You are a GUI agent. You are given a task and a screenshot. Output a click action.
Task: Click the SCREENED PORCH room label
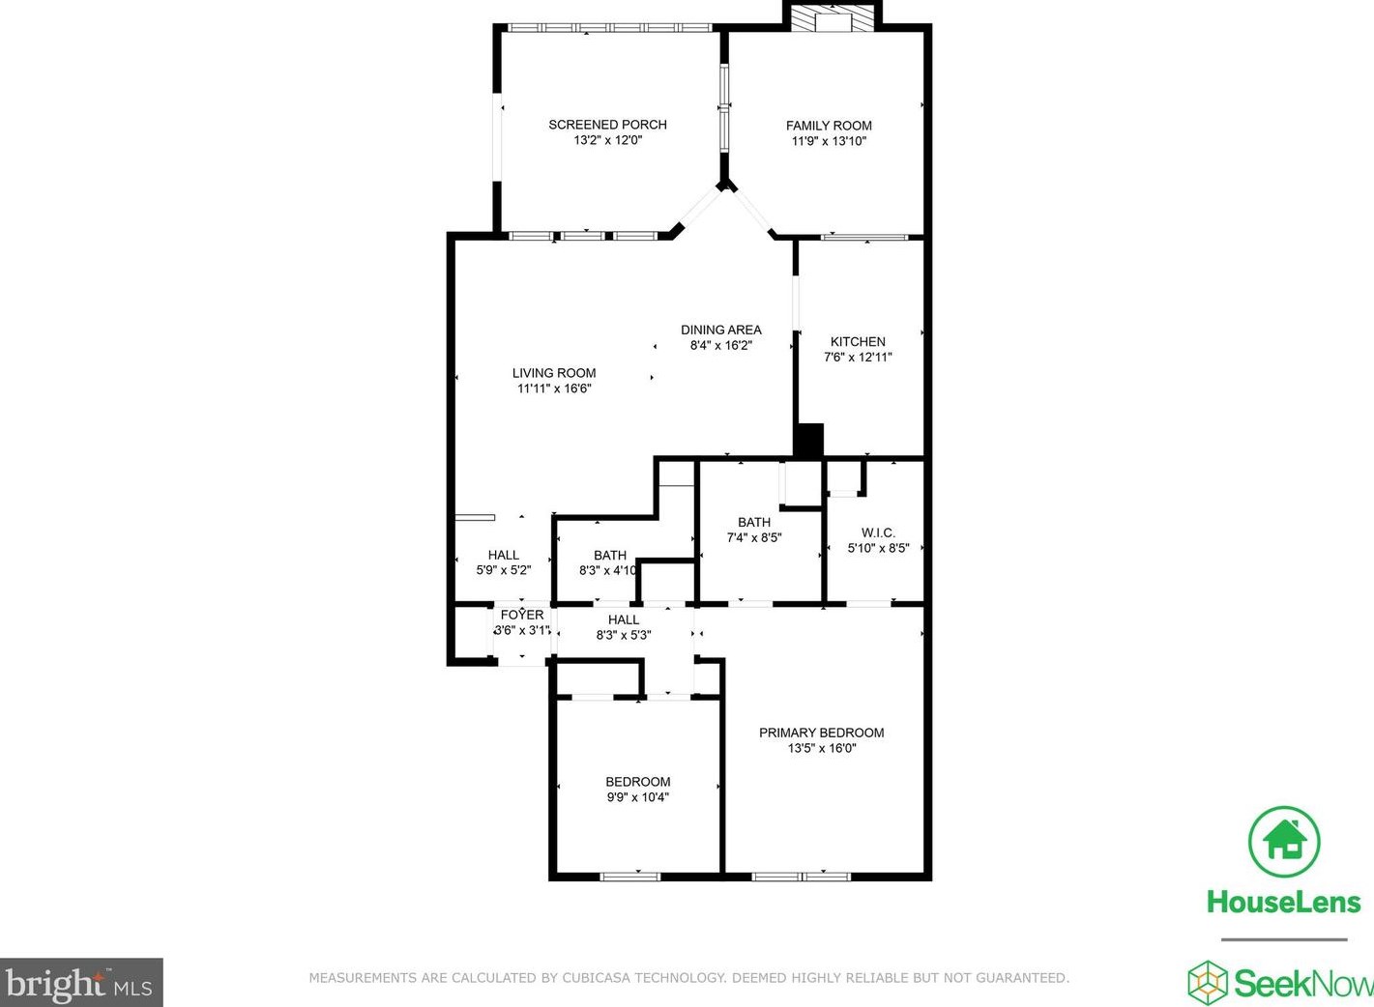click(607, 125)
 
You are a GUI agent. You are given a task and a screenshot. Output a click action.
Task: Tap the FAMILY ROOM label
click(829, 126)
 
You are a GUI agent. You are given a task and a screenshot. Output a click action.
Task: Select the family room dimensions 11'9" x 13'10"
click(829, 141)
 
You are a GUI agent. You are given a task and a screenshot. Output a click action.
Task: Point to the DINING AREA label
click(720, 330)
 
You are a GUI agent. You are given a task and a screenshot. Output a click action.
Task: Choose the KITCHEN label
click(858, 341)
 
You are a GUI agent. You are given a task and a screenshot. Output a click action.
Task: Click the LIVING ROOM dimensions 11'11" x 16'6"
click(554, 388)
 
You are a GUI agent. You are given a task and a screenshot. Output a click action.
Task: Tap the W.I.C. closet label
click(878, 532)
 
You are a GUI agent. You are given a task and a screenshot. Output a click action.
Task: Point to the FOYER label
click(522, 615)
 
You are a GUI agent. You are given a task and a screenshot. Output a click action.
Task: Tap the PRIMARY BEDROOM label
click(821, 733)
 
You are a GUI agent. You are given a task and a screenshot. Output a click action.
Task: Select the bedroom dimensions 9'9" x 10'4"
click(637, 797)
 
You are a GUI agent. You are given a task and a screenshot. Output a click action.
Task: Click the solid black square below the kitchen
click(808, 440)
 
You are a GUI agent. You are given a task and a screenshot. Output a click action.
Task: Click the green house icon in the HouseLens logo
click(1284, 841)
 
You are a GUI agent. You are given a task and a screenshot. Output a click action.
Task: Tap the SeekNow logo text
click(1301, 984)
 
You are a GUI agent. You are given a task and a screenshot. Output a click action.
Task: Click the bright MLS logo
click(79, 984)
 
